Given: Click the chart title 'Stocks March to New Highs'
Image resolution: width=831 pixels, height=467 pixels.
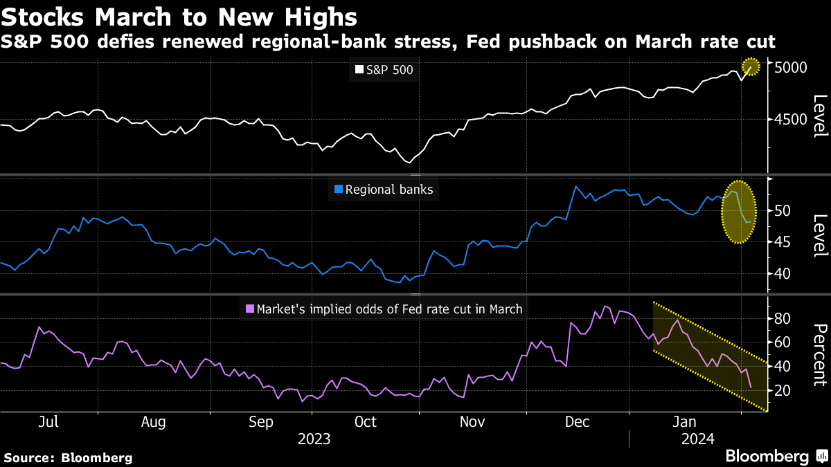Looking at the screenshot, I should [x=179, y=17].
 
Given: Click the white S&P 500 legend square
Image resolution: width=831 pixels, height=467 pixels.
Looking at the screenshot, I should [x=359, y=70].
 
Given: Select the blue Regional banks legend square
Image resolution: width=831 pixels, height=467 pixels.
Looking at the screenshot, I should [x=338, y=190].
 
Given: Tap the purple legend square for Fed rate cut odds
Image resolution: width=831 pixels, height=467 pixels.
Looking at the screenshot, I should [x=249, y=309].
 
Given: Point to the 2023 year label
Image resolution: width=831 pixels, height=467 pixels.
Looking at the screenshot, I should [x=314, y=439].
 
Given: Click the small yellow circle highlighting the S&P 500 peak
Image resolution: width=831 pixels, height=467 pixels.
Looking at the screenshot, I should [x=751, y=67].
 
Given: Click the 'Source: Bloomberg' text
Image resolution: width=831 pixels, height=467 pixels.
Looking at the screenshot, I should [x=69, y=457].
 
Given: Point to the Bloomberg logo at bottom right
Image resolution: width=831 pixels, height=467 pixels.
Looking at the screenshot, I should [x=776, y=457].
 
